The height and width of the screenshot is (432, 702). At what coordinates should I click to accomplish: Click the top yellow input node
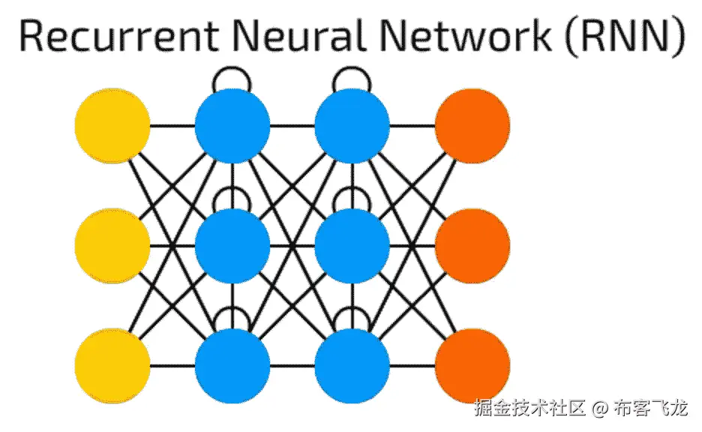(112, 124)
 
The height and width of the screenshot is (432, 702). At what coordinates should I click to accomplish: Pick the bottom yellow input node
(112, 366)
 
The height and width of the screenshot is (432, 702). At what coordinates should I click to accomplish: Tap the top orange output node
(472, 124)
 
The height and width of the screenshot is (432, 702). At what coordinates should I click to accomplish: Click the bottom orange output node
(472, 366)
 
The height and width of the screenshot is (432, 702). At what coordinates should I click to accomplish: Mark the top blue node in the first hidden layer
(232, 124)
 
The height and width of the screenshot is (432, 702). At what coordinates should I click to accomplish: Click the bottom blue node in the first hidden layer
(232, 366)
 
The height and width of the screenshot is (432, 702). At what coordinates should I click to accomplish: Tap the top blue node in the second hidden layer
(352, 124)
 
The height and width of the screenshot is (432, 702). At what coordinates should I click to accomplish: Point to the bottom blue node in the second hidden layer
(352, 366)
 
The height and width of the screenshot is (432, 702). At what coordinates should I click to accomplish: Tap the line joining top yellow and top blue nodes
(172, 124)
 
